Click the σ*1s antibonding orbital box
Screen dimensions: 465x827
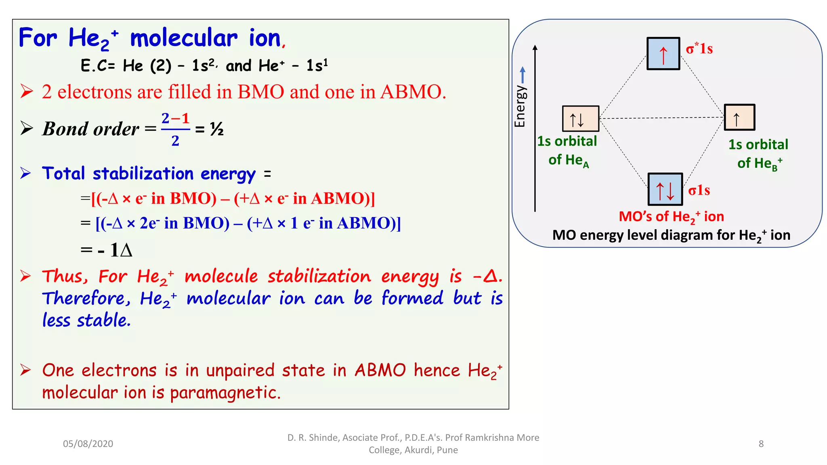click(663, 54)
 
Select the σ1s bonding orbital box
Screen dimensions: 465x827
click(665, 189)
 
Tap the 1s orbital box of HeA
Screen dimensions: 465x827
click(581, 119)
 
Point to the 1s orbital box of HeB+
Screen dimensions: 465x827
click(739, 117)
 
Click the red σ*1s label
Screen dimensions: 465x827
click(699, 49)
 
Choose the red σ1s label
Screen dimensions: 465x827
click(699, 190)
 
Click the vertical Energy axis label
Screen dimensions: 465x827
click(520, 106)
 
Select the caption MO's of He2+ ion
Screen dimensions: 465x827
click(671, 217)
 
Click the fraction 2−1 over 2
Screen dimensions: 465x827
click(175, 129)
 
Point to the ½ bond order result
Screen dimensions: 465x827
click(217, 130)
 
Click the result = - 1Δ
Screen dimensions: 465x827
click(107, 250)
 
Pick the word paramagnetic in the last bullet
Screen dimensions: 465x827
click(225, 393)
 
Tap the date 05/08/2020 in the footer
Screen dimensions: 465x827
click(88, 444)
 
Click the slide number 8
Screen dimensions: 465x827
click(761, 444)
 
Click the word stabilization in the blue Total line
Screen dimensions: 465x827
click(143, 174)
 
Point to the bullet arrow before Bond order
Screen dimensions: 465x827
click(27, 128)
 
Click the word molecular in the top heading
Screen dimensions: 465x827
click(184, 38)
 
